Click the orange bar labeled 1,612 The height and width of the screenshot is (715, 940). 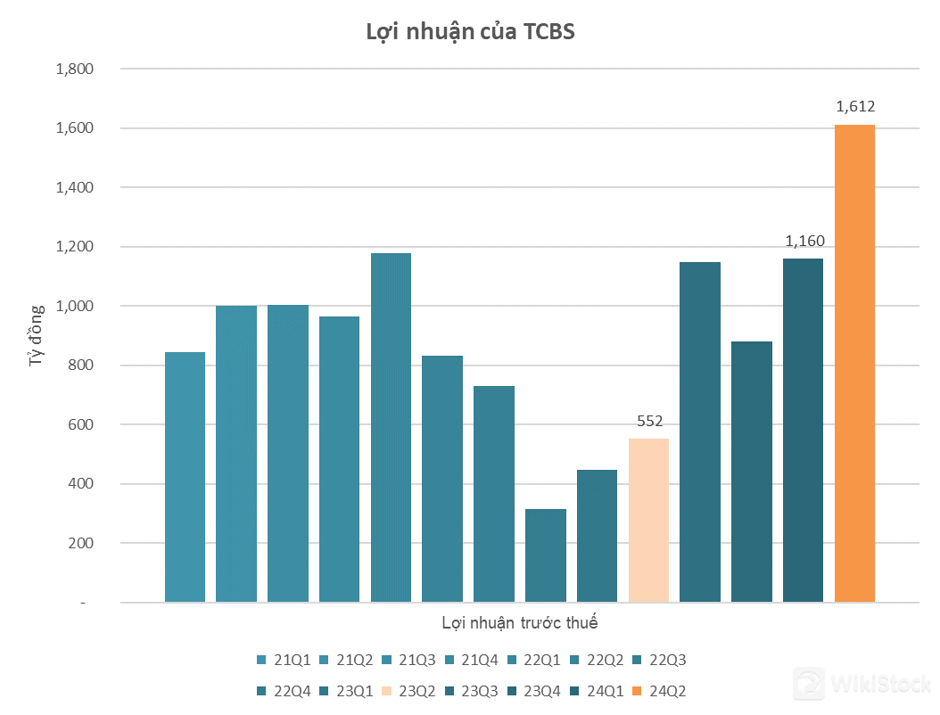pyautogui.click(x=854, y=364)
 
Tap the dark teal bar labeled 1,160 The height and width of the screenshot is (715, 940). pyautogui.click(x=803, y=431)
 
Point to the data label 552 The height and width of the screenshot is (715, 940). pyautogui.click(x=649, y=422)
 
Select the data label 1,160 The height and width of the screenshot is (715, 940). pyautogui.click(x=804, y=241)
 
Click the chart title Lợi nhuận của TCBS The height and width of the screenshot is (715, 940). pyautogui.click(x=471, y=32)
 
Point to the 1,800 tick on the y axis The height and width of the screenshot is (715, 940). pyautogui.click(x=75, y=69)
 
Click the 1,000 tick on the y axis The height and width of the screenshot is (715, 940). pyautogui.click(x=75, y=306)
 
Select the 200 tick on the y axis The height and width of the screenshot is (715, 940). pyautogui.click(x=81, y=543)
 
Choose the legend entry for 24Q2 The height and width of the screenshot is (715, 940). pyautogui.click(x=657, y=691)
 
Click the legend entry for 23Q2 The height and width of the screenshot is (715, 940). pyautogui.click(x=408, y=691)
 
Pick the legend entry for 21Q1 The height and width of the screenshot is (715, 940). pyautogui.click(x=284, y=661)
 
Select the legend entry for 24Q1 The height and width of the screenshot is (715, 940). pyautogui.click(x=595, y=691)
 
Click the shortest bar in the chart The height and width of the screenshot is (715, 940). pyautogui.click(x=545, y=555)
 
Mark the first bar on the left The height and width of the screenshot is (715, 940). pyautogui.click(x=185, y=477)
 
